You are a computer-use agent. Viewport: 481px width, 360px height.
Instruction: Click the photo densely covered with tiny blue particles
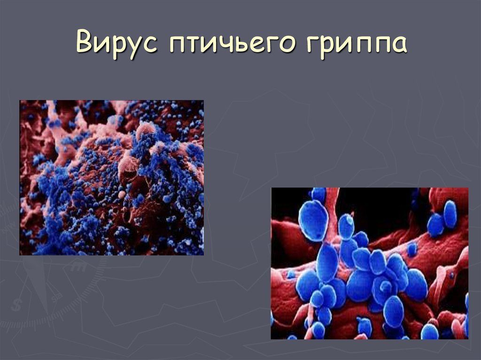(x=111, y=177)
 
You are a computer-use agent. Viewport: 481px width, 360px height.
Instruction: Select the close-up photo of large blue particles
(x=369, y=263)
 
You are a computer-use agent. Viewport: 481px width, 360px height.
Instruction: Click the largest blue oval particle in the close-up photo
(x=313, y=220)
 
